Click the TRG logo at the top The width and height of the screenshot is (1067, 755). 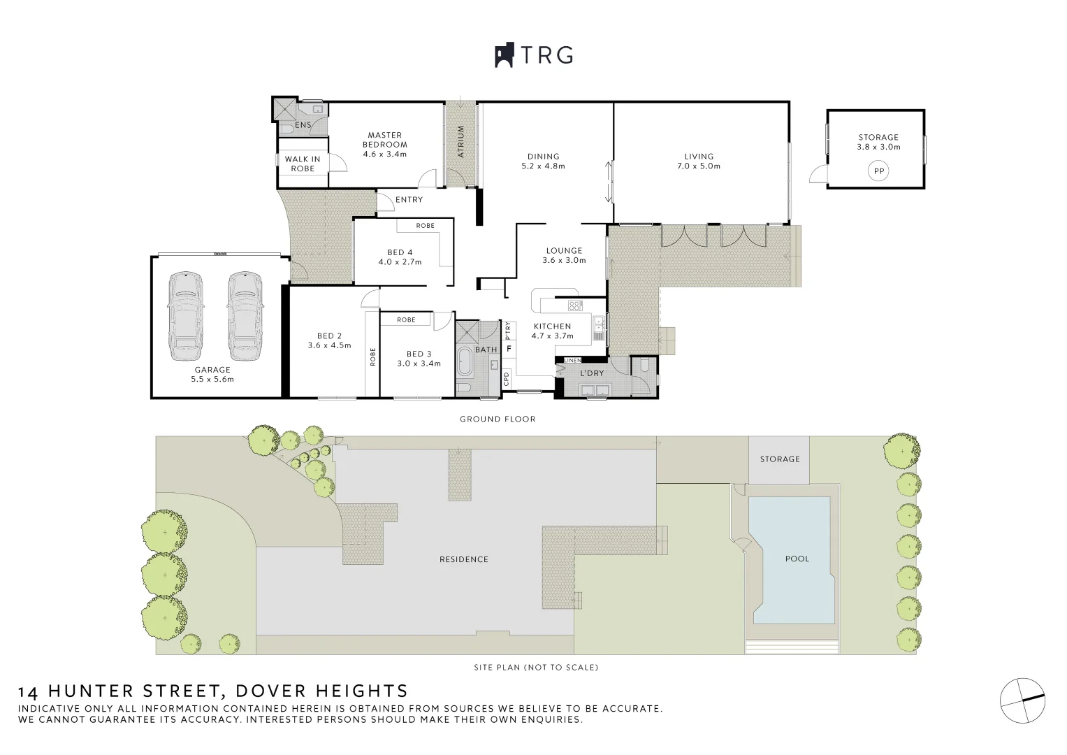[x=534, y=55]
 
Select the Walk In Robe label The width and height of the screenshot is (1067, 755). [x=303, y=164]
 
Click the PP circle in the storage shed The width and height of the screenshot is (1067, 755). [x=878, y=171]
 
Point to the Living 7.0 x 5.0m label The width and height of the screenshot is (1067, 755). [x=699, y=161]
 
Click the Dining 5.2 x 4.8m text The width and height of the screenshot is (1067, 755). [x=543, y=161]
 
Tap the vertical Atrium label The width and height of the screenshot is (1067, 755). [x=460, y=141]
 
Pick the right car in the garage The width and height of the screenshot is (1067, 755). [x=244, y=315]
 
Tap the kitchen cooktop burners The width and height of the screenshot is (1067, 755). [x=575, y=305]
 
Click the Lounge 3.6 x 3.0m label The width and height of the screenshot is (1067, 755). [x=564, y=255]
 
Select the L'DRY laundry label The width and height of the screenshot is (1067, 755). [x=592, y=373]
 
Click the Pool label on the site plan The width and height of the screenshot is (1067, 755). [x=797, y=559]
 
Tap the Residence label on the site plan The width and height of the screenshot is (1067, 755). [x=463, y=559]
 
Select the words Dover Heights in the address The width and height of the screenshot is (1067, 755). [x=321, y=691]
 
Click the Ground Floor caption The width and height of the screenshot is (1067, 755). [x=498, y=419]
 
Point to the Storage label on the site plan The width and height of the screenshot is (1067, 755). [x=779, y=459]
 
